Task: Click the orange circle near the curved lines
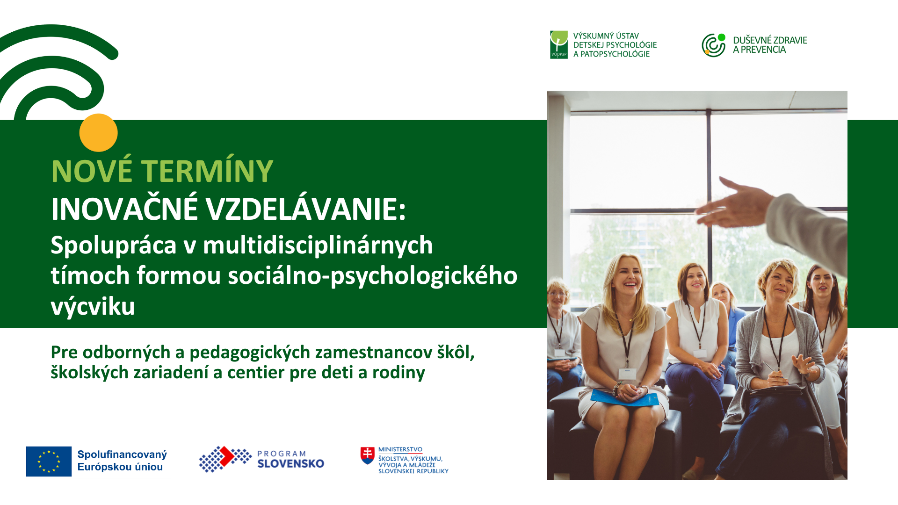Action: (x=98, y=133)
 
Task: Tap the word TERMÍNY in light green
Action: (x=207, y=171)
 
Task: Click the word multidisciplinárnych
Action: (x=318, y=245)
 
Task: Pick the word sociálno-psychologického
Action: (x=373, y=276)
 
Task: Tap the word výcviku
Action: (x=93, y=307)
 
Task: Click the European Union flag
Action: (x=49, y=462)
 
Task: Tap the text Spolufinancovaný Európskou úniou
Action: (x=122, y=461)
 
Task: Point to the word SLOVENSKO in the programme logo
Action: (x=291, y=464)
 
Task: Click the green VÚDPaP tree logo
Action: (x=559, y=45)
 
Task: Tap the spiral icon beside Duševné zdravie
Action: (x=714, y=45)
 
